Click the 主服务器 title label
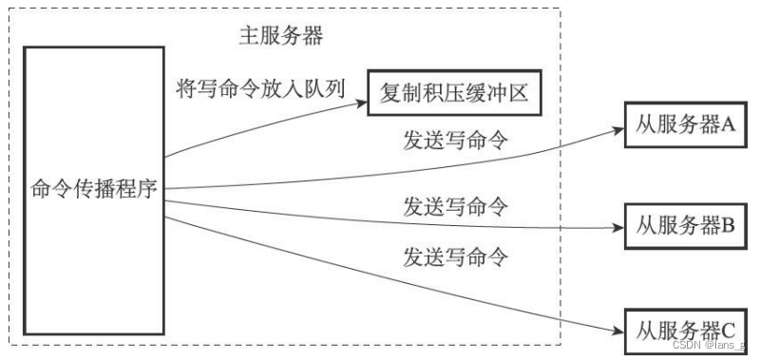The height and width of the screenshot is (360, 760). [280, 37]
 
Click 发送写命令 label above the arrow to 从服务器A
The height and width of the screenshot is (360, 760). [455, 142]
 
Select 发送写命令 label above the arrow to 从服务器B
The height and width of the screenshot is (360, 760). [455, 204]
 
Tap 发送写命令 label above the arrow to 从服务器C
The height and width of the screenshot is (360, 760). [455, 256]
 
